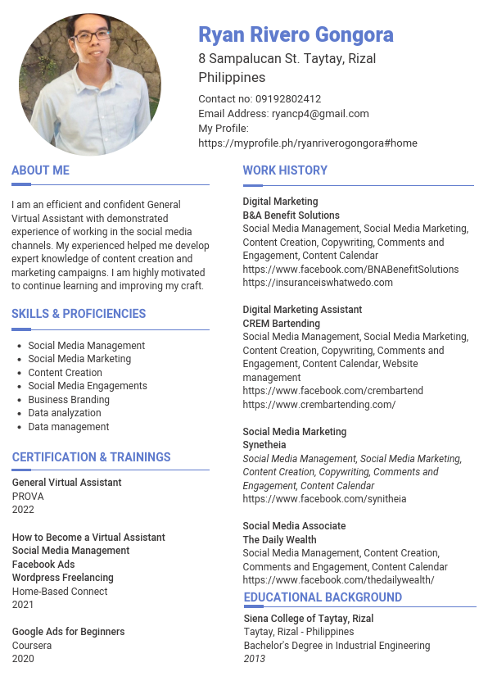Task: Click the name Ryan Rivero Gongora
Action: pyautogui.click(x=296, y=35)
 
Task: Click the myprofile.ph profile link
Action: pyautogui.click(x=308, y=143)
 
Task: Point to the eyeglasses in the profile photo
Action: pyautogui.click(x=92, y=36)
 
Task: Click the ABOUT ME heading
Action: pyautogui.click(x=40, y=170)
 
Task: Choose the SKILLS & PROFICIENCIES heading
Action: pyautogui.click(x=79, y=314)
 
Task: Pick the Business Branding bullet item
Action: pyautogui.click(x=69, y=400)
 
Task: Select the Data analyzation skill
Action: pyautogui.click(x=65, y=413)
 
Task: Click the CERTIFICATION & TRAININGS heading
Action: pyautogui.click(x=91, y=457)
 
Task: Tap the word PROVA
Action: pyautogui.click(x=28, y=497)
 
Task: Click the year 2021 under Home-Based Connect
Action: pyautogui.click(x=23, y=605)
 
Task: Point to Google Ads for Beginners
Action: pyautogui.click(x=68, y=632)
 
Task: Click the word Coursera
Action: pyautogui.click(x=32, y=646)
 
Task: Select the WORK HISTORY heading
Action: pyautogui.click(x=285, y=170)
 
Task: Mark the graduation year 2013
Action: pyautogui.click(x=255, y=659)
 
